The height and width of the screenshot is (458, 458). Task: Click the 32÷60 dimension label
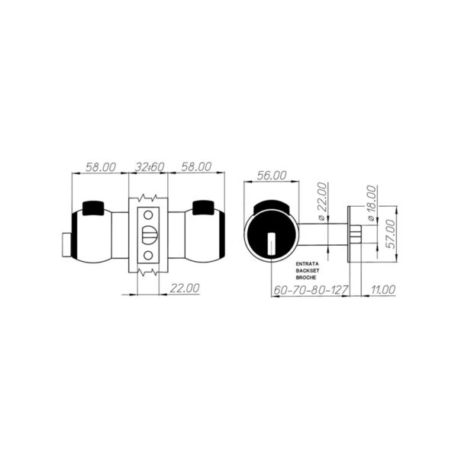click(x=150, y=166)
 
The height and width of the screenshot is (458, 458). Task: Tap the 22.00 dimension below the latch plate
click(x=183, y=288)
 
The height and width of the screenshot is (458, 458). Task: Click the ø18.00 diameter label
click(x=371, y=202)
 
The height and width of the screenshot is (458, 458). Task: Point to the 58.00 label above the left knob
click(x=98, y=166)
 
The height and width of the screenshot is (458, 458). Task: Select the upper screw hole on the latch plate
click(x=149, y=217)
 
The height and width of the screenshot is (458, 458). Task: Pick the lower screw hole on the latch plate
click(x=149, y=255)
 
